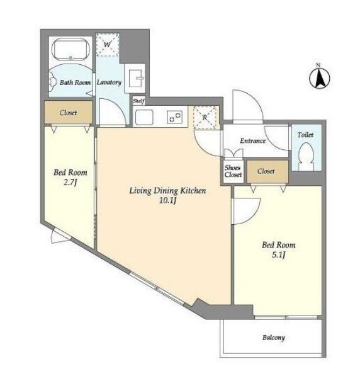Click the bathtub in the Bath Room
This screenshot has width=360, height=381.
[71, 50]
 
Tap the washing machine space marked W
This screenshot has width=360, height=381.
[108, 45]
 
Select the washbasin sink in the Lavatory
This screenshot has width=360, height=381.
[135, 78]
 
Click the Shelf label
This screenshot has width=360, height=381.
[138, 101]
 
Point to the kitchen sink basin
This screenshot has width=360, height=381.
[144, 117]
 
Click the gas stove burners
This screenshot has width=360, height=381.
[175, 117]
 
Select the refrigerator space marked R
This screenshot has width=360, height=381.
[205, 117]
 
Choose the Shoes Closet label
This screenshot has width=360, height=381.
[233, 171]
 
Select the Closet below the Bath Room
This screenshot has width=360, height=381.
[69, 113]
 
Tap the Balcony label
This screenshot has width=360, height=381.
[274, 338]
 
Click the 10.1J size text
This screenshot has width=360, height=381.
[167, 200]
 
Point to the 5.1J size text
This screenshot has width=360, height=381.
[279, 254]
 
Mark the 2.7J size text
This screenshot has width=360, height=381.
[70, 182]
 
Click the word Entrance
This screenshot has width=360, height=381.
[252, 140]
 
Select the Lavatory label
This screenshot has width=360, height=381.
[109, 82]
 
